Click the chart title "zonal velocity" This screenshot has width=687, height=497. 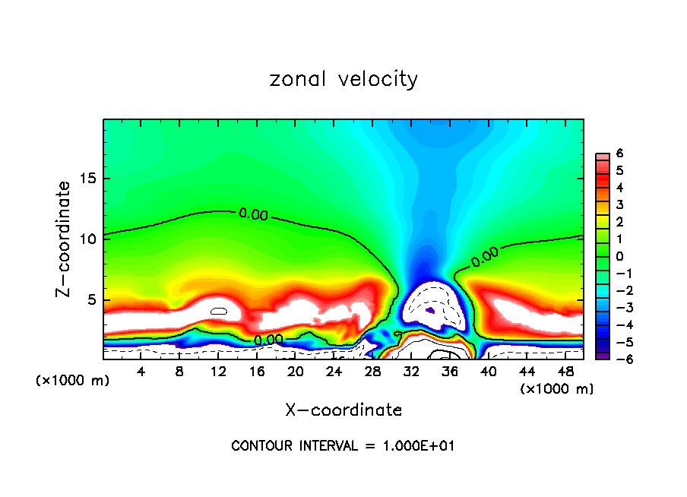click(343, 79)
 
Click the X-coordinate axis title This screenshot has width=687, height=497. click(343, 410)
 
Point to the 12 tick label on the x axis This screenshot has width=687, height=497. click(218, 372)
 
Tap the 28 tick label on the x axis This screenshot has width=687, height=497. click(372, 372)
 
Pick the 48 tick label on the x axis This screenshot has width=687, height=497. click(565, 372)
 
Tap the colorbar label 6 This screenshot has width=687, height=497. click(620, 154)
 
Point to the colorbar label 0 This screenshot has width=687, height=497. click(620, 256)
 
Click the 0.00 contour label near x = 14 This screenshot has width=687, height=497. click(253, 215)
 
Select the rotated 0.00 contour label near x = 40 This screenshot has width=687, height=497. click(485, 258)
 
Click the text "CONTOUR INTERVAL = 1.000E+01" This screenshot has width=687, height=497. click(343, 446)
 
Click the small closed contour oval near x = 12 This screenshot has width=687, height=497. click(219, 311)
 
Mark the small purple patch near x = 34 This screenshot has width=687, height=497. click(429, 310)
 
